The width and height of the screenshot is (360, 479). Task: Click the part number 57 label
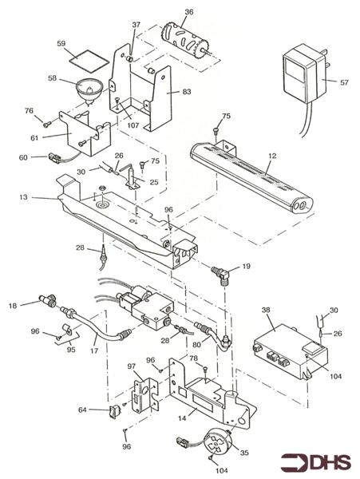click(345, 82)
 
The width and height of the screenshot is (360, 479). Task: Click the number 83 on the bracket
click(186, 92)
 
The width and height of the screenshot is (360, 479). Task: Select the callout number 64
click(82, 410)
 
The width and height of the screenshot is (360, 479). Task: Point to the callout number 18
click(13, 305)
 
